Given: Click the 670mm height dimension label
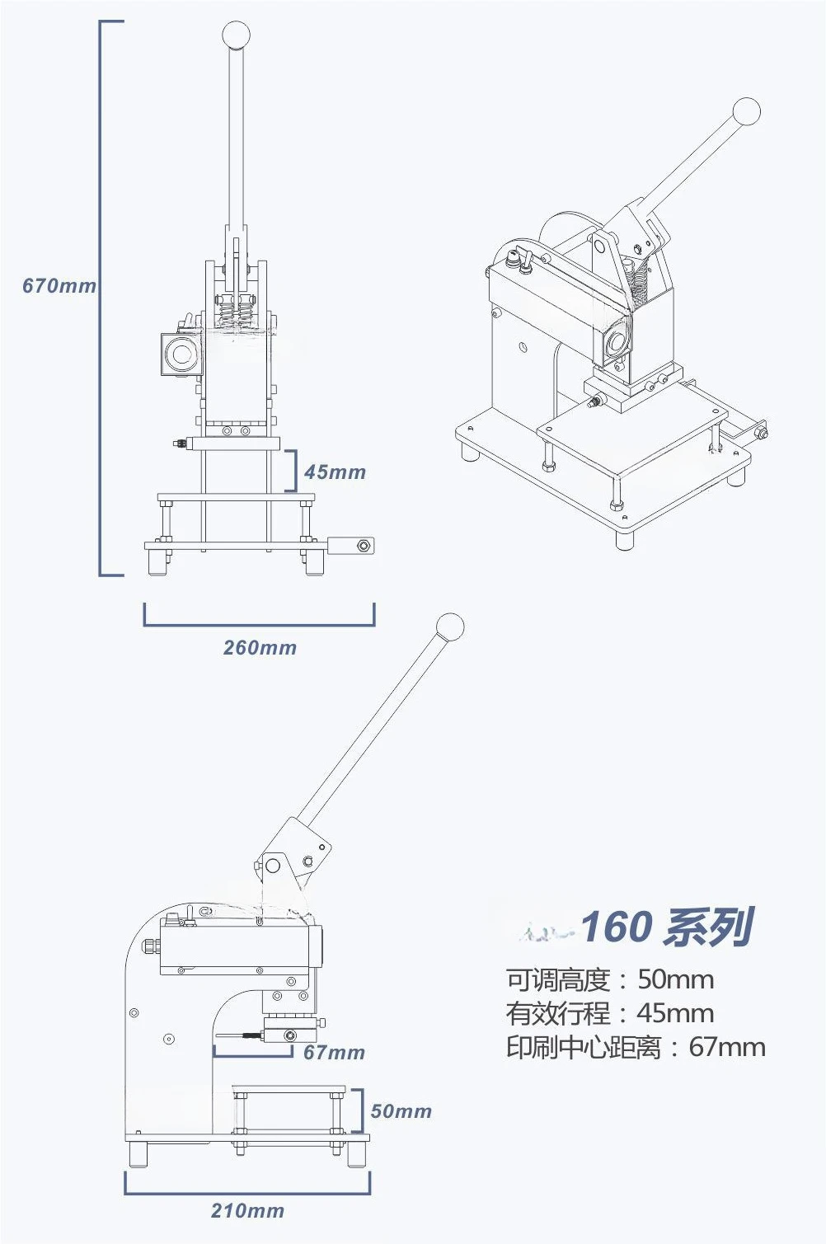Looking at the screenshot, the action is click(x=59, y=285).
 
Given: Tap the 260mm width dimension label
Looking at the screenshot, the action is click(x=260, y=647).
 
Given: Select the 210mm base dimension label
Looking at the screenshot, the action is click(x=247, y=1211).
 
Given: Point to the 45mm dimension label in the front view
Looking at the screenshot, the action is click(x=335, y=472).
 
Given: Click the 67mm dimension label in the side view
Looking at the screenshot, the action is click(x=334, y=1052).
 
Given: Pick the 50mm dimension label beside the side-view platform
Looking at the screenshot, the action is click(x=401, y=1110).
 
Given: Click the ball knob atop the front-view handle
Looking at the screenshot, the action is click(x=236, y=35).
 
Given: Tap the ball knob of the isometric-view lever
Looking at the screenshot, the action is click(x=746, y=112).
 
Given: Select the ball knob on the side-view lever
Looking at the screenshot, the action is click(x=450, y=627).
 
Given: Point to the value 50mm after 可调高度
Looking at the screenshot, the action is click(x=675, y=979).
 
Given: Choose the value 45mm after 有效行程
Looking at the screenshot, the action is click(x=675, y=1013).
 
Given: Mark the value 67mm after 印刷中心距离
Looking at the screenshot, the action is click(x=727, y=1047).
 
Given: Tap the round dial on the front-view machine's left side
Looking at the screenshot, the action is click(x=181, y=354).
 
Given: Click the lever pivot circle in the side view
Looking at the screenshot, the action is click(x=272, y=865).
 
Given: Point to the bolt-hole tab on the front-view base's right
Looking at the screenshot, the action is click(x=351, y=546).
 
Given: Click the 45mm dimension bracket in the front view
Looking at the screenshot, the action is click(x=291, y=471).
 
